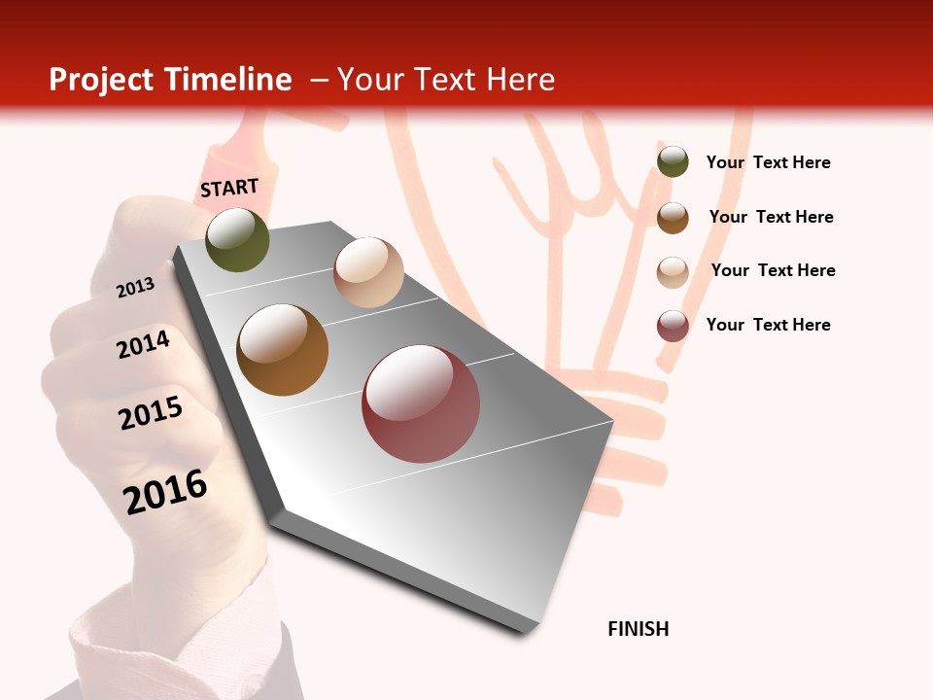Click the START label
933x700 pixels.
[229, 187]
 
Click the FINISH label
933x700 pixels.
[639, 629]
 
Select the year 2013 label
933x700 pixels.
[135, 287]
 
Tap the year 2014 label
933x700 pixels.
[143, 344]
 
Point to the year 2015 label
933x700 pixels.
[151, 412]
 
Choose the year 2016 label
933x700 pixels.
[165, 491]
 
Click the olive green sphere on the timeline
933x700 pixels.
[237, 239]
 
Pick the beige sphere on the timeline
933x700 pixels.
[368, 272]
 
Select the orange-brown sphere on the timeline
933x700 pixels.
[282, 350]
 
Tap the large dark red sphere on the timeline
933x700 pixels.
[421, 403]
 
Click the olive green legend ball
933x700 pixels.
[673, 161]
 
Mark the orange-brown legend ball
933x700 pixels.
[673, 217]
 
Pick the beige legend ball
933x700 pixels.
[673, 271]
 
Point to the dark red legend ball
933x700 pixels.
[673, 326]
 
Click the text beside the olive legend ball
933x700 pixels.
[768, 162]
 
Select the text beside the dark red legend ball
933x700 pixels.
[768, 325]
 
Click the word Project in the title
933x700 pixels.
[102, 80]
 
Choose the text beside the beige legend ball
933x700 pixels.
[773, 270]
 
